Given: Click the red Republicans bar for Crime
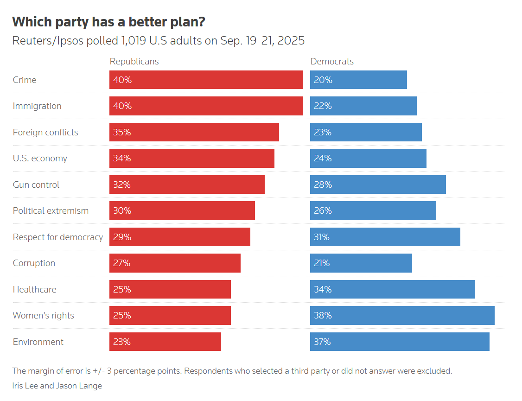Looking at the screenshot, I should (206, 80).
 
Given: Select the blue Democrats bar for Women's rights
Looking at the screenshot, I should (402, 316).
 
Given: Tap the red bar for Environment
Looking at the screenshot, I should (165, 342).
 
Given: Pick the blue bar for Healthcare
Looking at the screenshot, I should (393, 289).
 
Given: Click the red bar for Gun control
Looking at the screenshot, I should (187, 185).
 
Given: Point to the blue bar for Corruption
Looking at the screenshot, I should (361, 263).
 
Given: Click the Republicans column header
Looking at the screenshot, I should (134, 61).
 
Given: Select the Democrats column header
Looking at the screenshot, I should (332, 61).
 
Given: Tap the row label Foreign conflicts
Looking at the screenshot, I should (45, 133).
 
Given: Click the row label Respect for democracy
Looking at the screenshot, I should (58, 237).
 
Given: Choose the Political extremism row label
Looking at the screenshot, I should (51, 211).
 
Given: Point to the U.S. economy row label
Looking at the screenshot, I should (40, 159).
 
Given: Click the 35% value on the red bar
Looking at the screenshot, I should (122, 133).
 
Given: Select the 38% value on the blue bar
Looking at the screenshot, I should (323, 316).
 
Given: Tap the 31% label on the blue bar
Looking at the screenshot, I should (322, 237).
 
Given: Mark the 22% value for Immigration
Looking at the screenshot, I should (323, 106).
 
